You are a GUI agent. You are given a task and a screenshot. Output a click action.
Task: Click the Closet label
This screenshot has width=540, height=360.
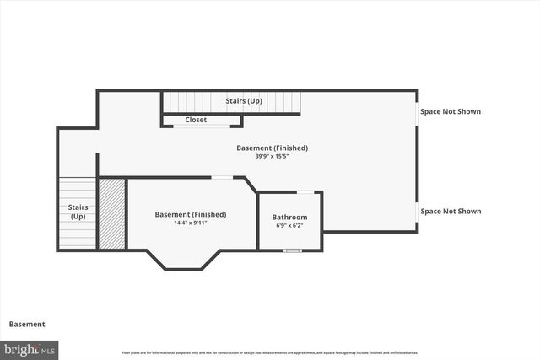pyautogui.click(x=196, y=121)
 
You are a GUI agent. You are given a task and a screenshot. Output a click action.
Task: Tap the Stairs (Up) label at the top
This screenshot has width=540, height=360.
pyautogui.click(x=244, y=102)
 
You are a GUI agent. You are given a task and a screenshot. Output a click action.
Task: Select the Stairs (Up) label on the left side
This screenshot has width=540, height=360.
pyautogui.click(x=78, y=212)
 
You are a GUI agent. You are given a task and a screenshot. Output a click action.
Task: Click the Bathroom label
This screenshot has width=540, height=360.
pyautogui.click(x=289, y=218)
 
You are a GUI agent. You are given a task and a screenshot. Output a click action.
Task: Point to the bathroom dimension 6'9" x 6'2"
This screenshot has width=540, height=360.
pyautogui.click(x=289, y=226)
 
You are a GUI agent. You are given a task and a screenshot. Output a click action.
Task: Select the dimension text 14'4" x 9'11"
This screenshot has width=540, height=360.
pyautogui.click(x=190, y=223)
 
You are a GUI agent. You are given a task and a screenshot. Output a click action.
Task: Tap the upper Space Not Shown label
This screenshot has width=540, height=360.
pyautogui.click(x=451, y=111)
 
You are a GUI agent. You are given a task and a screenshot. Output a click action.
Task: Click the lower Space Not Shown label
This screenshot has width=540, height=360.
pyautogui.click(x=451, y=211)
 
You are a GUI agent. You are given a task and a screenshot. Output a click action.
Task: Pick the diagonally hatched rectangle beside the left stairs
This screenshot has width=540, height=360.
pyautogui.click(x=112, y=213)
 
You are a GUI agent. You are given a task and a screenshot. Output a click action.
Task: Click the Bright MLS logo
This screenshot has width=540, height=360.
pyautogui.click(x=30, y=349)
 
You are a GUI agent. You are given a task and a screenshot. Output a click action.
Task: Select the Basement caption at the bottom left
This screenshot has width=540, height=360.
pyautogui.click(x=27, y=324)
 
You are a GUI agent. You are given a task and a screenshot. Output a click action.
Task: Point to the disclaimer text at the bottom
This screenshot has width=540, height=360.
pyautogui.click(x=270, y=352)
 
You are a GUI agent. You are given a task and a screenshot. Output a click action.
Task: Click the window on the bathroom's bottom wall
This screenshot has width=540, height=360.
pyautogui.click(x=292, y=250)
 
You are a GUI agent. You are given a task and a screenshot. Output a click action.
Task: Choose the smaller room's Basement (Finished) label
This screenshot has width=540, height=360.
pyautogui.click(x=190, y=214)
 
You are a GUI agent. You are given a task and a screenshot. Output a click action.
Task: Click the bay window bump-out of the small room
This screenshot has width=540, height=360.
pyautogui.click(x=184, y=259)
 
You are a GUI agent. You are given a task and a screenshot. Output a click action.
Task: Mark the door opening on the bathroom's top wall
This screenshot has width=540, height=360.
pyautogui.click(x=305, y=193)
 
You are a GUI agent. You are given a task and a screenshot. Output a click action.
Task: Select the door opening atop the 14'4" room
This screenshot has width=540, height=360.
pyautogui.click(x=222, y=177)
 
